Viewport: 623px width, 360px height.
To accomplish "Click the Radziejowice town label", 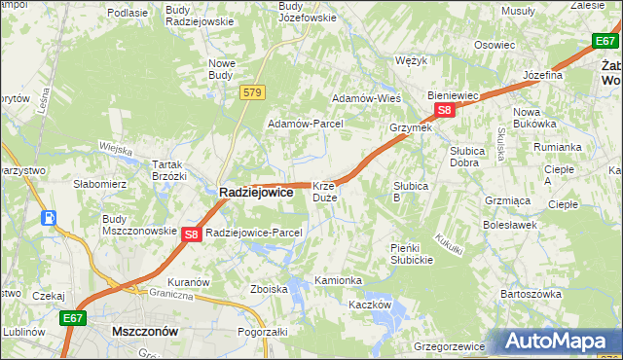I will pyautogui.click(x=255, y=193).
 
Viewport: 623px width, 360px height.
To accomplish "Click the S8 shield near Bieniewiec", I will pyautogui.click(x=444, y=111).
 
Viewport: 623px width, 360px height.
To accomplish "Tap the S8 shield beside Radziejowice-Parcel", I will pyautogui.click(x=192, y=234).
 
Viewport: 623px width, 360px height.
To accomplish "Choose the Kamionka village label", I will pyautogui.click(x=339, y=280).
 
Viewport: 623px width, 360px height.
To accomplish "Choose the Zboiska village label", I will pyautogui.click(x=269, y=289).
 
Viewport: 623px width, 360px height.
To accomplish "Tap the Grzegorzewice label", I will pyautogui.click(x=449, y=344).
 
